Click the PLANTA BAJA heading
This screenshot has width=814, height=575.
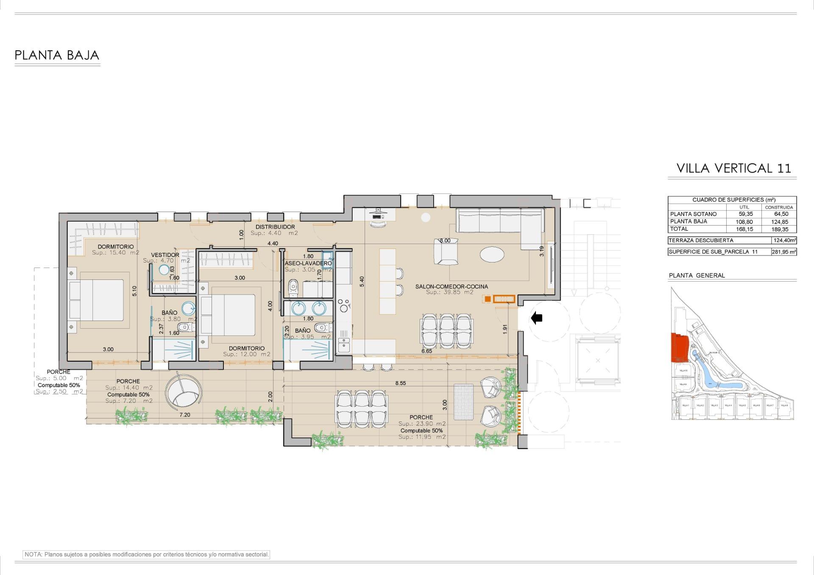[x=57, y=55]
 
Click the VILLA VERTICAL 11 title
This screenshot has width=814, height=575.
[x=733, y=168]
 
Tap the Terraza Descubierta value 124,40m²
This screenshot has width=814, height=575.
[x=784, y=240]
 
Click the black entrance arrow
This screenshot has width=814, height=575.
[x=537, y=318]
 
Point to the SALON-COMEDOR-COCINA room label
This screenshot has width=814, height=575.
[x=452, y=287]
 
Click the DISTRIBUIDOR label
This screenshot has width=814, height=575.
[x=275, y=227]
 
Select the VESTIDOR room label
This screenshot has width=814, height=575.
[x=165, y=255]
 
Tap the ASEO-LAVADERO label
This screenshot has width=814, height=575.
[x=308, y=263]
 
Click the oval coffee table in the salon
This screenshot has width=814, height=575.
[x=492, y=255]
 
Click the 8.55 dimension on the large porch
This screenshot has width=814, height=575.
[x=400, y=383]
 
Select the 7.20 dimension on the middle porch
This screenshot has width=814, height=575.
[x=184, y=415]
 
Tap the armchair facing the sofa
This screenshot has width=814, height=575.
[x=446, y=253]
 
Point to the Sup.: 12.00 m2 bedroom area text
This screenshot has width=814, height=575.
[x=246, y=354]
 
